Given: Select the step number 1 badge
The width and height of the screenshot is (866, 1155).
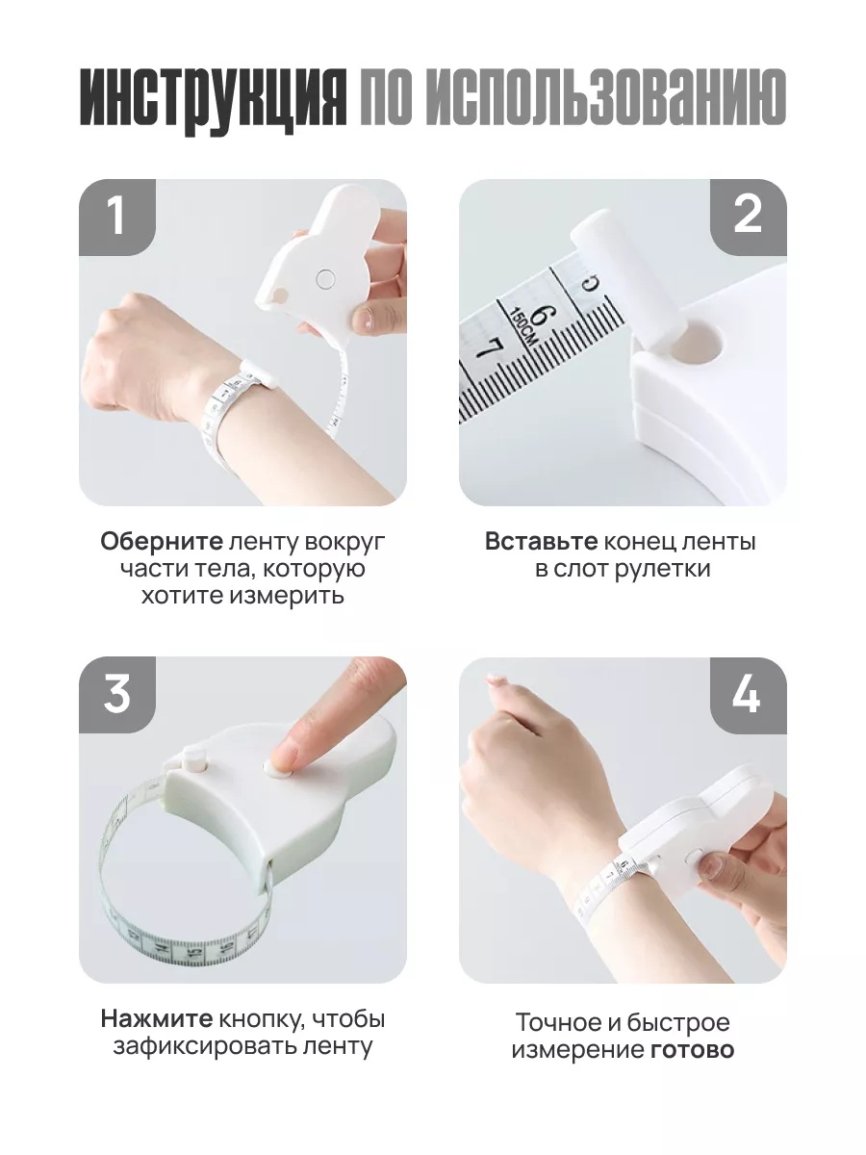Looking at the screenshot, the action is [117, 217].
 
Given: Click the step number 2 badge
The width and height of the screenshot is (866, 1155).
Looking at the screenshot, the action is [748, 217].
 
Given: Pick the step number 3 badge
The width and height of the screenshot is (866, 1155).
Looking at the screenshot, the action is [117, 695].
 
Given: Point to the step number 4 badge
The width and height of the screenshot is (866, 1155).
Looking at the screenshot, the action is [748, 695].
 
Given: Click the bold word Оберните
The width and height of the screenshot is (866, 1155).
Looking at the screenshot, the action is [162, 542].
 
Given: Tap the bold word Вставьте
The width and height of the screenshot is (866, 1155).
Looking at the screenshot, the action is [542, 542].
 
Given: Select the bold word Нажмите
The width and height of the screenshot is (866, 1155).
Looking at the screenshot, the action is [157, 1019].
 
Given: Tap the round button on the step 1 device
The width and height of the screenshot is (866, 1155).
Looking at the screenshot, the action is [325, 278].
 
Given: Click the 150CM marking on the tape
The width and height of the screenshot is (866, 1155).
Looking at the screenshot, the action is [522, 326].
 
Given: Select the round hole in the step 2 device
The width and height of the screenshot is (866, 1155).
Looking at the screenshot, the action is [698, 342].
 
